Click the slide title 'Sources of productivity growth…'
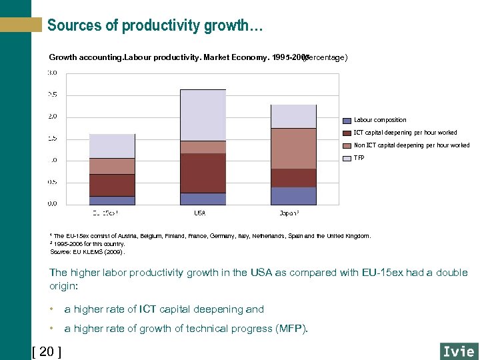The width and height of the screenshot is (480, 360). pos(155,26)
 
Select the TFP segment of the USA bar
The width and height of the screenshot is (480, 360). pos(203,115)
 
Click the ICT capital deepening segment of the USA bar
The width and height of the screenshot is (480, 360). pos(203,173)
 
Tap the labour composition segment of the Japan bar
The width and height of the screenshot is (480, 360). pos(293,195)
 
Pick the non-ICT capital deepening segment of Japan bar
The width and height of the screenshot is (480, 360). pos(293,148)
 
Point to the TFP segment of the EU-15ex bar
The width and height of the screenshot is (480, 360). pos(112,145)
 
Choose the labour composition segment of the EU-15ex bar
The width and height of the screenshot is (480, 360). pos(112,200)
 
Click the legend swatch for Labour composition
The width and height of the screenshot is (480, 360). pos(347,121)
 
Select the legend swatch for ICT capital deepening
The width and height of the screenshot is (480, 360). pos(347,133)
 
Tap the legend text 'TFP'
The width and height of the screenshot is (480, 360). pos(359,158)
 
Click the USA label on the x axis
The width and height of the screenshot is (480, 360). pos(200,213)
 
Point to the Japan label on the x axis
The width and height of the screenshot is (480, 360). pos(289,213)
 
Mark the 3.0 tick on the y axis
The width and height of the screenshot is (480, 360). pos(52,72)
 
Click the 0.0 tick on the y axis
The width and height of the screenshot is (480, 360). pos(52,203)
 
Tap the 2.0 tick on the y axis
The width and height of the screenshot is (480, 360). pos(52,116)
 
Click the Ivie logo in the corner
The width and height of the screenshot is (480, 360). pos(459,351)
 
